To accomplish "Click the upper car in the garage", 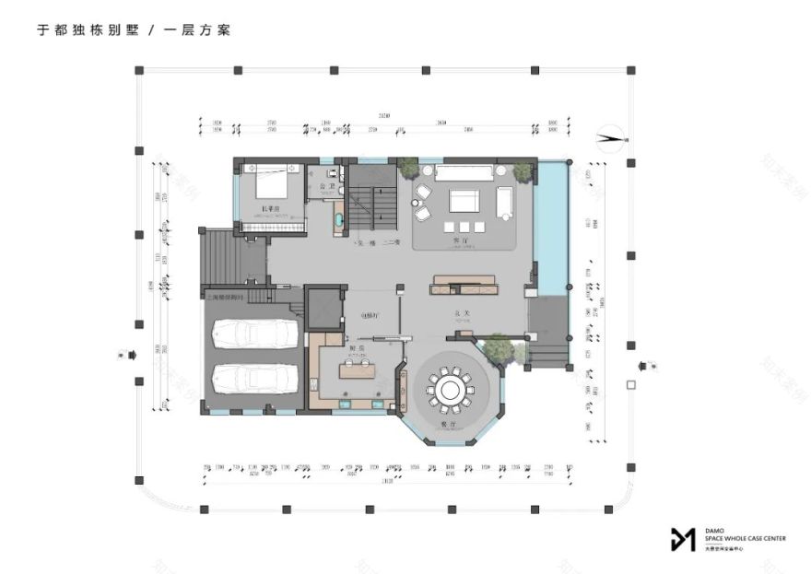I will click(x=255, y=334).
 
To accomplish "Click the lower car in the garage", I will click(x=255, y=378).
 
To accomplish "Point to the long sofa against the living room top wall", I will click(x=464, y=171).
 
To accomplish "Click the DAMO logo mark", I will click(x=683, y=539).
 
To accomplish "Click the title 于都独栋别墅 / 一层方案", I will click(x=133, y=29).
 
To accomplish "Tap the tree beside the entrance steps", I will click(x=497, y=348).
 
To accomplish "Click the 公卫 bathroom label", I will click(x=324, y=187).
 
